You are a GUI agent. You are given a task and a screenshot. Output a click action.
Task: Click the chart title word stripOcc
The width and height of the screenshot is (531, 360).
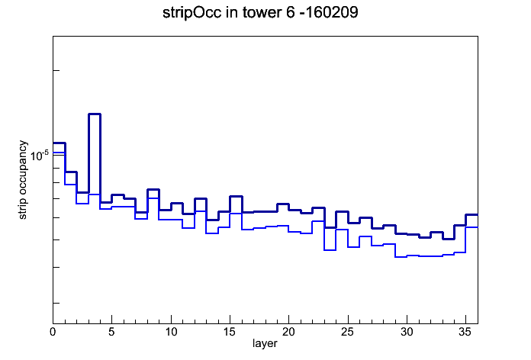192,13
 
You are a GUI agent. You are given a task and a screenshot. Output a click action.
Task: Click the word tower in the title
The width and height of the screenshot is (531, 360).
259,12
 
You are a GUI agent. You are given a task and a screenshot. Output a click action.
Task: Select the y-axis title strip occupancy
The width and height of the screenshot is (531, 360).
22,180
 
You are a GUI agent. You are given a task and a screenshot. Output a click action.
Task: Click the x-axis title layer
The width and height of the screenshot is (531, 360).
265,343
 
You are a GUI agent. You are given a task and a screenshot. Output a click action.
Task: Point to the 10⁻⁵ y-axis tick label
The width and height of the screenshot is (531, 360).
40,156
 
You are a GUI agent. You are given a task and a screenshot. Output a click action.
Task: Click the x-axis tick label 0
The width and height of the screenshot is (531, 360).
53,332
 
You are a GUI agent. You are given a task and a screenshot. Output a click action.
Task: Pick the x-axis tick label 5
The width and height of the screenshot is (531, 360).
111,332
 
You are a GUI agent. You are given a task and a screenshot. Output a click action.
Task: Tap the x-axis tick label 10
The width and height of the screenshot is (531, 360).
171,332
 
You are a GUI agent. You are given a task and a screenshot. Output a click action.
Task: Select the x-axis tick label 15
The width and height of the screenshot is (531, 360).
230,332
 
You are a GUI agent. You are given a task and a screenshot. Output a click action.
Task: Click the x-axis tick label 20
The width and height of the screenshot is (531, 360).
288,332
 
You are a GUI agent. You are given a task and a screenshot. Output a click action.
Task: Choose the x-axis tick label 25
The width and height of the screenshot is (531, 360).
347,332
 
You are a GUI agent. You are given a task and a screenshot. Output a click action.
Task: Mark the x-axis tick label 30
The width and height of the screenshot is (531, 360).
407,332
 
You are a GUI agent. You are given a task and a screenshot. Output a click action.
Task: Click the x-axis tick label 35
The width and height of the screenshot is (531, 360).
465,332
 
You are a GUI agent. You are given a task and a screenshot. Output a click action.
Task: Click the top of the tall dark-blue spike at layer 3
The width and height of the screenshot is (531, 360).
95,114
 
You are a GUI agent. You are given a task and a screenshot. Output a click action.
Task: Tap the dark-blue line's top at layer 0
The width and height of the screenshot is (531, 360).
59,143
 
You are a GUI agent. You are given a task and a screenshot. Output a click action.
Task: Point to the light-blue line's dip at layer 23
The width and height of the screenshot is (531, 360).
330,250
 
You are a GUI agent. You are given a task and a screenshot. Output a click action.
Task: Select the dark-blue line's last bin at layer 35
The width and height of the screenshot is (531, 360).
471,215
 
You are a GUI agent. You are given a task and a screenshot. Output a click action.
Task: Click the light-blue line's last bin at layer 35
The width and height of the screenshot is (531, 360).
471,227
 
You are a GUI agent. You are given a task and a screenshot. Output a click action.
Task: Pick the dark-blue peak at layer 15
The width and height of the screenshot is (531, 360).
236,197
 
